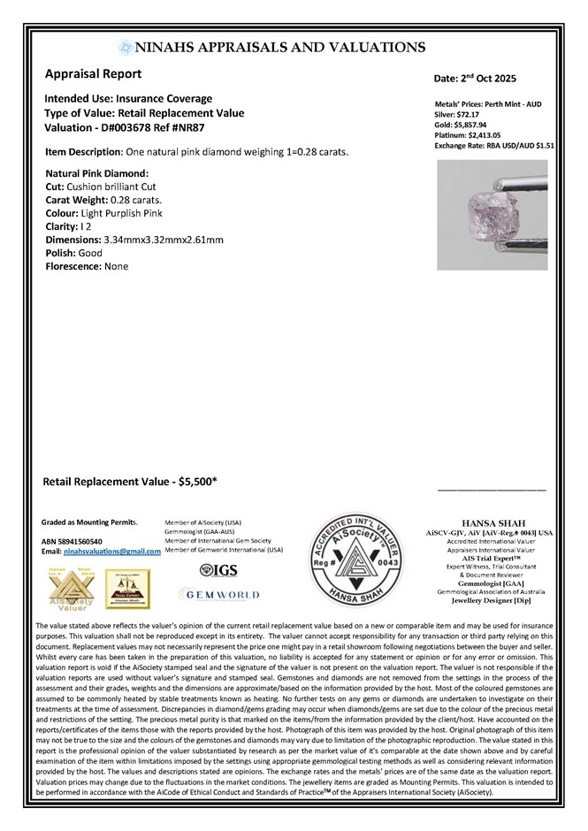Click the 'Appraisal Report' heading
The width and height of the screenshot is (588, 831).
click(96, 75)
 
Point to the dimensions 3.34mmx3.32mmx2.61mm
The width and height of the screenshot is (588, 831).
click(163, 240)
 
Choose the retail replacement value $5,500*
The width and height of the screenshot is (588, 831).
click(198, 482)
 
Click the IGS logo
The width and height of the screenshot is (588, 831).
click(218, 570)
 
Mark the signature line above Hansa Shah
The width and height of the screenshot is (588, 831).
click(492, 489)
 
